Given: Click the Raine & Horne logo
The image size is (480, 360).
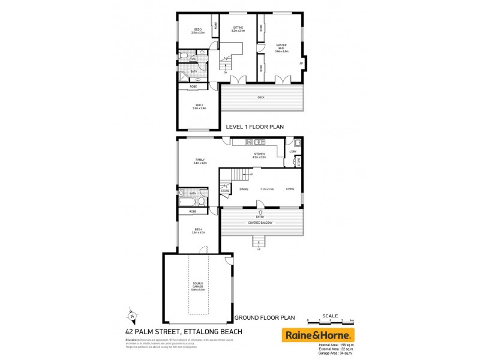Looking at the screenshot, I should [x=318, y=335].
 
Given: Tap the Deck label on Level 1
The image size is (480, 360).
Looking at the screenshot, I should [x=261, y=97].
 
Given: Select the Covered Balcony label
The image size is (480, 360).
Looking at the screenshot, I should [x=260, y=223].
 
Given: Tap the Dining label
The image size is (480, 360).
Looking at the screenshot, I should [x=244, y=189].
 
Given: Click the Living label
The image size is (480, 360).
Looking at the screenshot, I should [x=290, y=189].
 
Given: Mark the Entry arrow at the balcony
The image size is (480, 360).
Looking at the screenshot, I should [x=260, y=212].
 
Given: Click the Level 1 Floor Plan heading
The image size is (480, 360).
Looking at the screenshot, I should [x=254, y=127].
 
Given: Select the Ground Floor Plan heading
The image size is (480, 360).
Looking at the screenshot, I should [x=264, y=317].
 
